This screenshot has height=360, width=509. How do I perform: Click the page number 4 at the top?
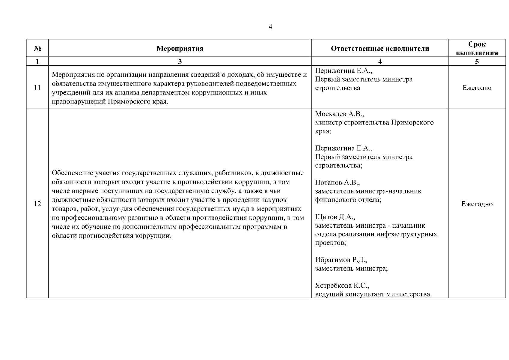pyautogui.click(x=270, y=27)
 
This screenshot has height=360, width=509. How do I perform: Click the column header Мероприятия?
pyautogui.click(x=180, y=49)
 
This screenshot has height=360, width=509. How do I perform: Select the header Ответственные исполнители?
pyautogui.click(x=380, y=49)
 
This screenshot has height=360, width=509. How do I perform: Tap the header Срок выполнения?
pyautogui.click(x=477, y=49)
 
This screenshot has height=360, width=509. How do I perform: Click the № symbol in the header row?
pyautogui.click(x=37, y=49)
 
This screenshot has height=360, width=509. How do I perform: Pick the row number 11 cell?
pyautogui.click(x=37, y=88)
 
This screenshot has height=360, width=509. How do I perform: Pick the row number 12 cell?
pyautogui.click(x=37, y=204)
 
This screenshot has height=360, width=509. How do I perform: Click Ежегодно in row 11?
pyautogui.click(x=477, y=88)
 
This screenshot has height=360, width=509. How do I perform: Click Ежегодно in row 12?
pyautogui.click(x=477, y=204)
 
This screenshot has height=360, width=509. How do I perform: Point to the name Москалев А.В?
pyautogui.click(x=339, y=114)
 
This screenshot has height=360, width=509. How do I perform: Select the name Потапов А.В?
pyautogui.click(x=337, y=183)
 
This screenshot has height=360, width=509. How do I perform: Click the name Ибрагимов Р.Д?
pyautogui.click(x=341, y=260)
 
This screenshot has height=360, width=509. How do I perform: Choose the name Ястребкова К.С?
pyautogui.click(x=342, y=286)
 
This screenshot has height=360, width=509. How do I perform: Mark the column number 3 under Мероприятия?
pyautogui.click(x=180, y=61)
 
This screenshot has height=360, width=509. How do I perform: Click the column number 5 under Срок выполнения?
pyautogui.click(x=477, y=61)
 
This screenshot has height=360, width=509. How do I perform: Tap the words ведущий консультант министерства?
pyautogui.click(x=372, y=294)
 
